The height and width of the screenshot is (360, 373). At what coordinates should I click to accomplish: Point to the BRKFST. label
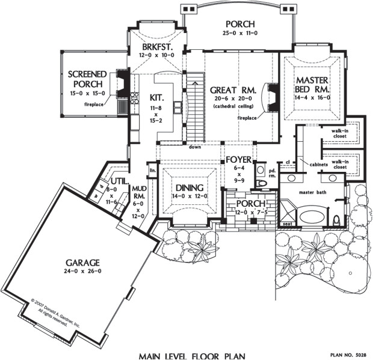158,46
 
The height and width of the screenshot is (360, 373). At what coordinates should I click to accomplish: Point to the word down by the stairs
194,147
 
